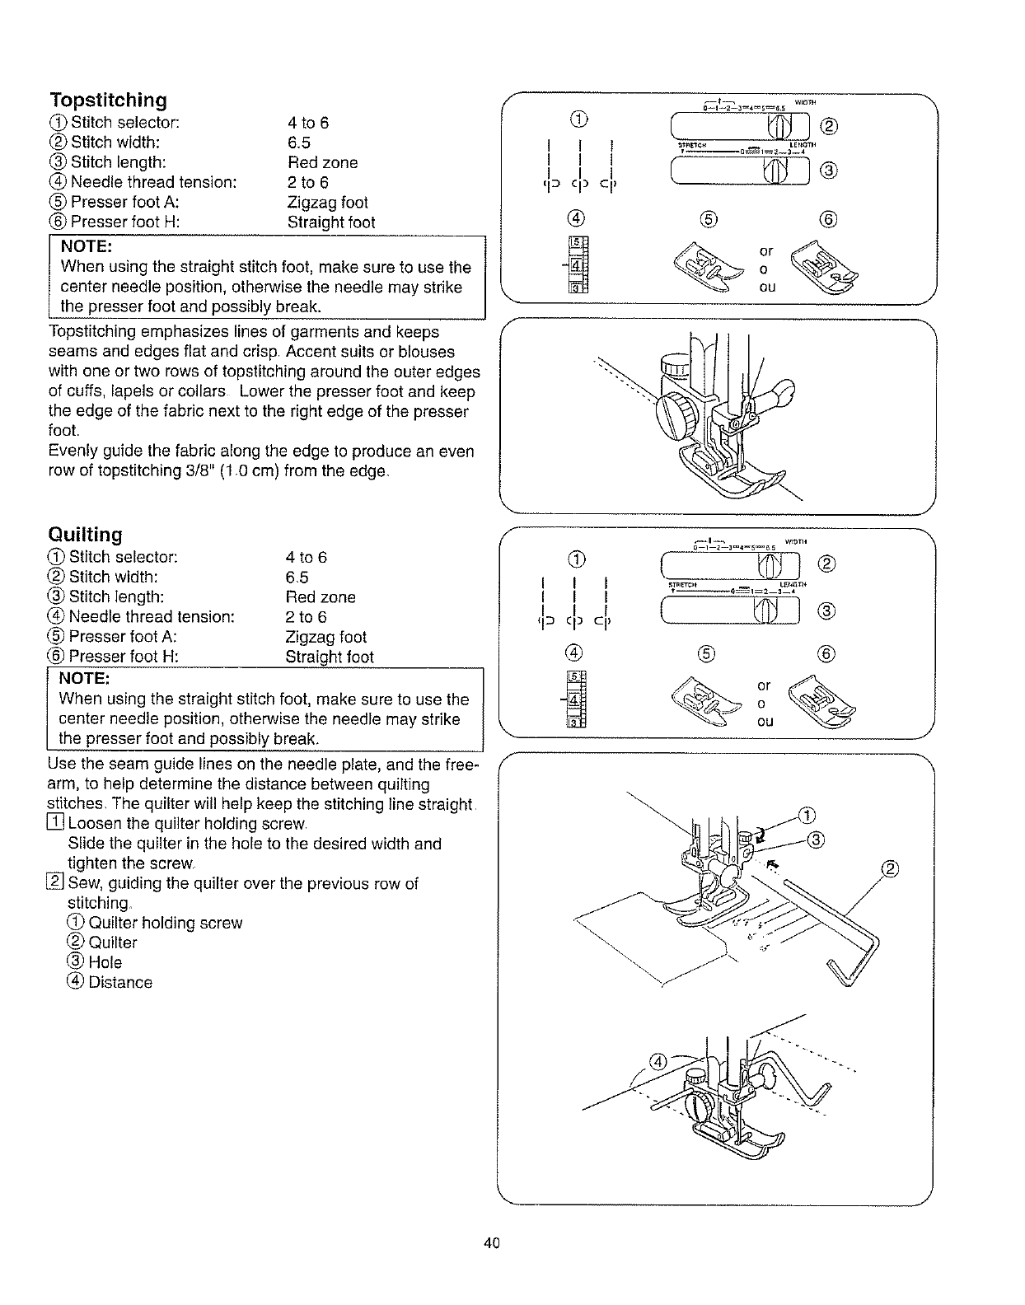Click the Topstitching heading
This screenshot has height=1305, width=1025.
click(108, 101)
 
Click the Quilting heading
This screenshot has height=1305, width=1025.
click(86, 535)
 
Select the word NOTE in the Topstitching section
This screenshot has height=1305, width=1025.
click(87, 246)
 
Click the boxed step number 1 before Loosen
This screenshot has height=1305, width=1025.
click(56, 824)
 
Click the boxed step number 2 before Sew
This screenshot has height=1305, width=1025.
click(56, 884)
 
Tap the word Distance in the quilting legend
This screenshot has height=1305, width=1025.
click(120, 982)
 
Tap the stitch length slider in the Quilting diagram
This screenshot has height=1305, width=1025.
click(732, 610)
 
